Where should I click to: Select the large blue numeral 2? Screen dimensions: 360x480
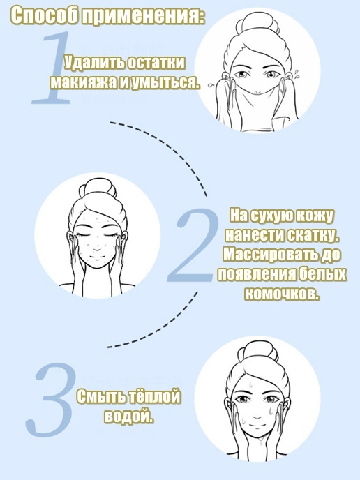(193, 245)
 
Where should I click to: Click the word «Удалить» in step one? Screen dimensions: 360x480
(94, 63)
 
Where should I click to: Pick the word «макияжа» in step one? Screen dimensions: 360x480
(84, 82)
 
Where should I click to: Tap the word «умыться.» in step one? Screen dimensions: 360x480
(164, 82)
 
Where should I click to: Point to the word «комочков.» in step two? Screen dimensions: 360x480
(282, 294)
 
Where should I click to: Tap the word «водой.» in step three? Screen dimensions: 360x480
(129, 416)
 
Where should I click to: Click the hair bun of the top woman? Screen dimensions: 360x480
(261, 24)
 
